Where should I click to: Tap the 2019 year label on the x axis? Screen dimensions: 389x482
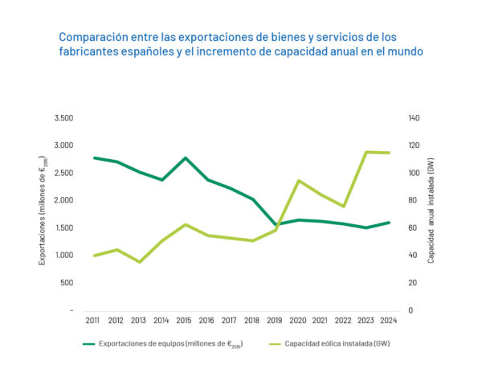(276, 320)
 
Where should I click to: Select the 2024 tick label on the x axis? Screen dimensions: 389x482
(389, 320)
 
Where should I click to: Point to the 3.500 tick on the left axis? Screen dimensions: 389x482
(63, 118)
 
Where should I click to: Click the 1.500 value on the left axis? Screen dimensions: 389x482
(63, 228)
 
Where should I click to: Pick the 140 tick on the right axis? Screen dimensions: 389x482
(415, 118)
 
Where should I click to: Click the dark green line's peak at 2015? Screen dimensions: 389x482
(186, 158)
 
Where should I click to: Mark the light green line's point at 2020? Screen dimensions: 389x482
(299, 181)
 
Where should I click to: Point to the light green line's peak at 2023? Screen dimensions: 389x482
(366, 152)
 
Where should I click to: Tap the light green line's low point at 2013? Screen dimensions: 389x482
(140, 262)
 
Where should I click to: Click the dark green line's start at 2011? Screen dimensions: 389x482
(95, 158)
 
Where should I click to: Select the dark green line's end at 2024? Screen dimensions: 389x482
(389, 223)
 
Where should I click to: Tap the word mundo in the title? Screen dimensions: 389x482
(404, 51)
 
